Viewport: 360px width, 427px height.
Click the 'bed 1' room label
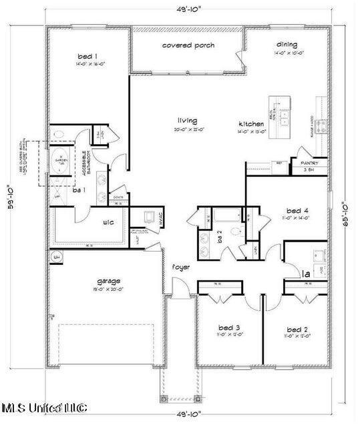87,57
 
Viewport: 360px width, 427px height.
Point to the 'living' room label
187,121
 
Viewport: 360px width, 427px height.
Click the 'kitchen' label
252,124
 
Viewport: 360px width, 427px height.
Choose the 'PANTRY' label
309,163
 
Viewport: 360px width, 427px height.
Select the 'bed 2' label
297,330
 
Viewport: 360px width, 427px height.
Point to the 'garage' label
108,281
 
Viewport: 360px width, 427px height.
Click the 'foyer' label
180,267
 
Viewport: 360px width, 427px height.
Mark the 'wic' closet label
111,223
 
